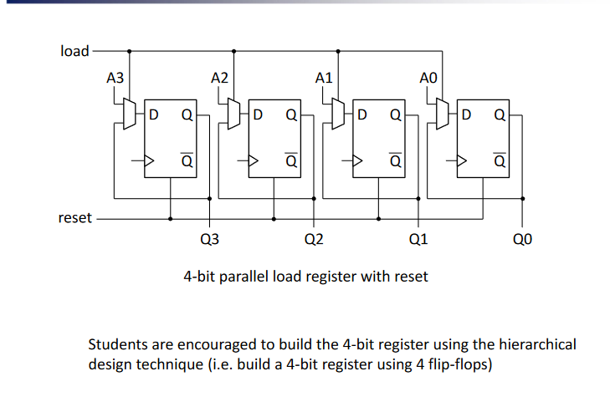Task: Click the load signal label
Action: [74, 51]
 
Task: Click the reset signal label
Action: [74, 218]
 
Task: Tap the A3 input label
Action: [115, 79]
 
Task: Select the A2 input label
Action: [219, 79]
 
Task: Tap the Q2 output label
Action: [314, 241]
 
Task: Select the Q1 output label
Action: [418, 241]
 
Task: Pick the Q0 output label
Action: [522, 241]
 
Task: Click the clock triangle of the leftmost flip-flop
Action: [151, 161]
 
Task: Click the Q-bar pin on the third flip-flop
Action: [395, 160]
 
